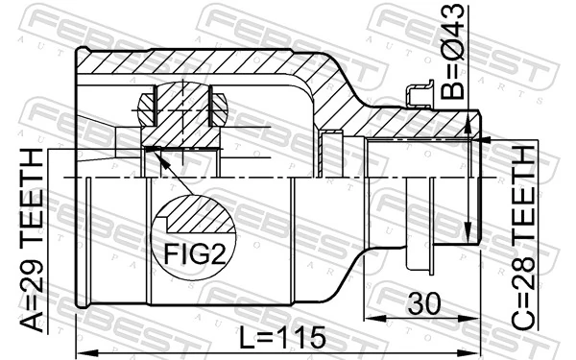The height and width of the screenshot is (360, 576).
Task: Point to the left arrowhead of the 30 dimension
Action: point(369,318)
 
